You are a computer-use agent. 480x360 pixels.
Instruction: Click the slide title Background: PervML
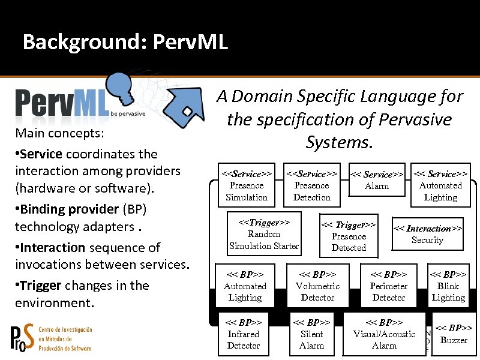coord(125,43)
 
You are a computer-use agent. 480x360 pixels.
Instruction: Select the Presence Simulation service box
coord(247,185)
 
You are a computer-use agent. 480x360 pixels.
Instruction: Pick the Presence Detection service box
coord(311,185)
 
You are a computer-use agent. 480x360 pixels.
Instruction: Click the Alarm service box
coord(377,180)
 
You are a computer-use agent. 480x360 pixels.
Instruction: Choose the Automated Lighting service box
coord(440,185)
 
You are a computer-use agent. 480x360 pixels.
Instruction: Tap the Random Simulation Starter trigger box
coord(264,234)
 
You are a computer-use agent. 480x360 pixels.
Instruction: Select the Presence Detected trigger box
coord(349,236)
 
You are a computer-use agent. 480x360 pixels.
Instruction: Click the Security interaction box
coord(427,234)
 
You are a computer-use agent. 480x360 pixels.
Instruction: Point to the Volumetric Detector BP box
coord(317,286)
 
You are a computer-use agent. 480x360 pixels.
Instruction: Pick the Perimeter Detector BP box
coord(388,286)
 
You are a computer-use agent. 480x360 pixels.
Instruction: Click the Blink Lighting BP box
coord(448,286)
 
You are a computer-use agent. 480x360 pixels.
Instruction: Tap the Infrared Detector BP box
coord(244,334)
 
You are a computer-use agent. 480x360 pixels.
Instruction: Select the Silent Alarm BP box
coord(311,334)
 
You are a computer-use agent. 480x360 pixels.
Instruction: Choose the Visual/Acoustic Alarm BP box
coord(384,334)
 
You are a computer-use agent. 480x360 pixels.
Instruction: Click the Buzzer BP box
coord(454,334)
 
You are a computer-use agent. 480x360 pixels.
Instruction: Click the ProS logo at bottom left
coord(51,338)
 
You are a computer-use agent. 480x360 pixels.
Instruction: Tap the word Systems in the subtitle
coord(339,142)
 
